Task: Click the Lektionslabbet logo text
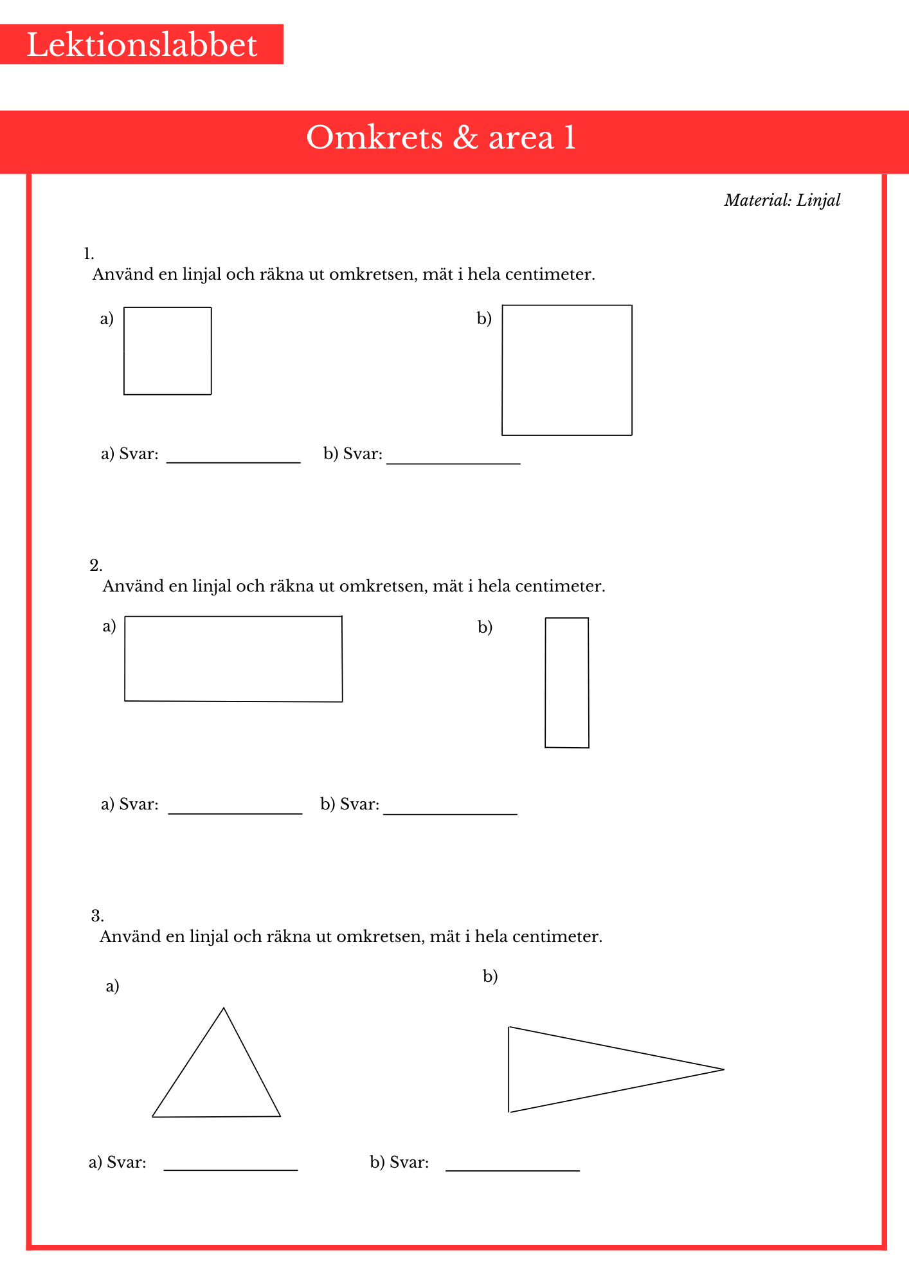(x=141, y=45)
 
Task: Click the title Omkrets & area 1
(x=441, y=138)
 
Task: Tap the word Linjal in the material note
(x=818, y=200)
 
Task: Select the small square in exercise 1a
(x=167, y=351)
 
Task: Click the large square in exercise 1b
(x=567, y=370)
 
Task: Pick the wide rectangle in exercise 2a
(x=233, y=659)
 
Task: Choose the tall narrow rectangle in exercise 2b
(x=567, y=683)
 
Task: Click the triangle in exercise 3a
(x=217, y=1080)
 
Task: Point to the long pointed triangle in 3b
(x=579, y=1069)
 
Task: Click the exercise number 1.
(x=89, y=254)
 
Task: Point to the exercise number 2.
(x=96, y=566)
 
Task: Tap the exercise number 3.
(x=97, y=916)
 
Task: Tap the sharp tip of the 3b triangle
(x=723, y=1069)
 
